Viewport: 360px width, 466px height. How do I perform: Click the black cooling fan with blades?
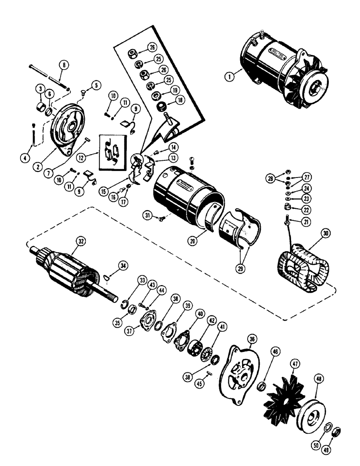coord(284,393)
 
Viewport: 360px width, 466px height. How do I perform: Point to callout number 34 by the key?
coord(123,266)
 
